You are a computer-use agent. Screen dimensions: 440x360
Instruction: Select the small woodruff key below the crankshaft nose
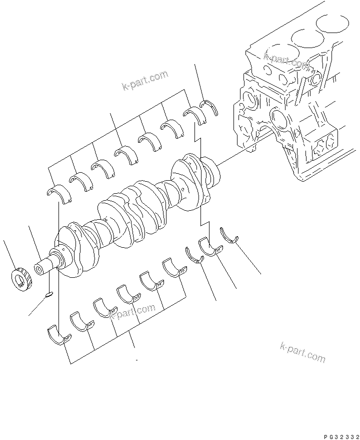47,295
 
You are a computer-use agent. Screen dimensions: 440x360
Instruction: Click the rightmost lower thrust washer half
230,234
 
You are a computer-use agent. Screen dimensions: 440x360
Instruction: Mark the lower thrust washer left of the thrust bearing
193,254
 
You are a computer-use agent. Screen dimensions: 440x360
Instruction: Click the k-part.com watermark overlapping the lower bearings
131,313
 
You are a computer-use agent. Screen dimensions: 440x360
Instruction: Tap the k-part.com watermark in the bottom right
302,351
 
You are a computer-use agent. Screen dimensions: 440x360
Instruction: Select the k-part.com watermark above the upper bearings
145,81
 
